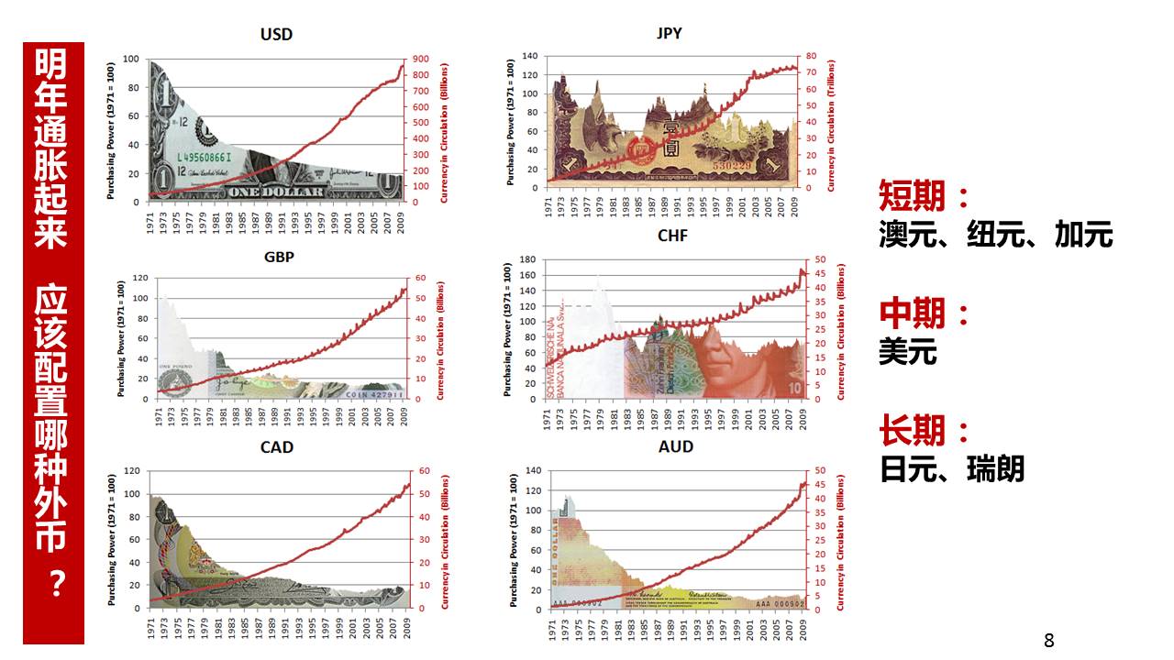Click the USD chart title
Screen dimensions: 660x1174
point(276,35)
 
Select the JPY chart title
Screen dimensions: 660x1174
point(670,35)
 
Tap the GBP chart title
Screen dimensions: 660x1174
point(279,257)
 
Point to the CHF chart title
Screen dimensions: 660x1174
point(671,236)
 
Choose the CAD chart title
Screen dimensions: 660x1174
point(277,447)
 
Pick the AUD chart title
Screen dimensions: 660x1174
point(675,447)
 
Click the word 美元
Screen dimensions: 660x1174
point(908,352)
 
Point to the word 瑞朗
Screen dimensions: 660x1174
point(995,469)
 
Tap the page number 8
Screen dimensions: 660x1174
point(1049,641)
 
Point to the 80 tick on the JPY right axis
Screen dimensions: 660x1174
point(812,56)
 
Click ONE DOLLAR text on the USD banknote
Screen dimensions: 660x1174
point(276,191)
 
